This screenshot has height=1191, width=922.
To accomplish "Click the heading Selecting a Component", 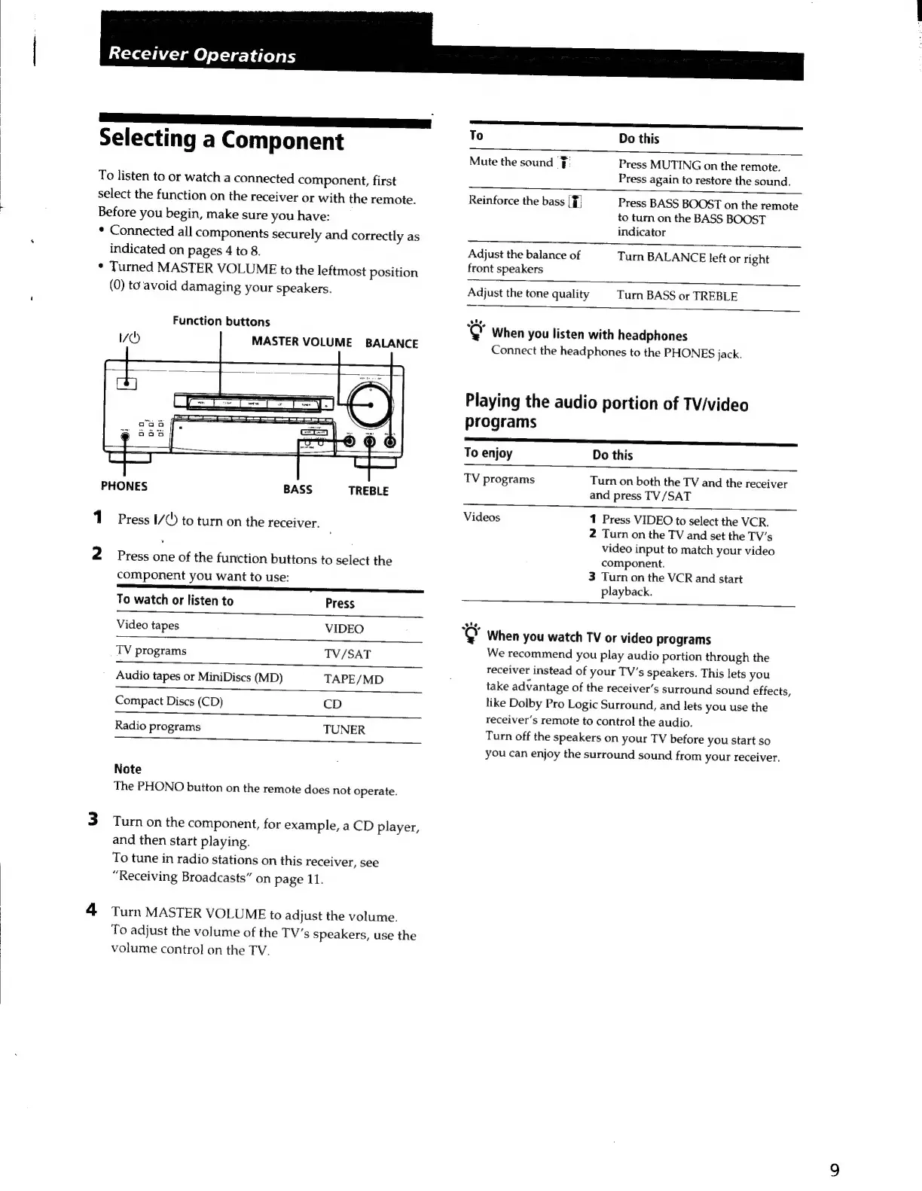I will tap(221, 140).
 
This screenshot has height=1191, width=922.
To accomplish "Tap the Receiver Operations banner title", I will tap(202, 55).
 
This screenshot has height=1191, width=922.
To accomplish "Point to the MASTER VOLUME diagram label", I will tap(301, 342).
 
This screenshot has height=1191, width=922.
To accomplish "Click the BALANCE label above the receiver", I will tap(391, 343).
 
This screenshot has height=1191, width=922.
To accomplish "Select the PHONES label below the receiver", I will tap(124, 486).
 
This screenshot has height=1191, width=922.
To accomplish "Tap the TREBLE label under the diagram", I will tap(368, 491).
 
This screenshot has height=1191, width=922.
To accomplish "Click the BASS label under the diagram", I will tap(298, 489).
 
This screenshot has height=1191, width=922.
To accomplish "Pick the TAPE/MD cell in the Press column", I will tap(353, 679).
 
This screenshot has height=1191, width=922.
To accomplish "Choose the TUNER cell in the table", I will tap(343, 730).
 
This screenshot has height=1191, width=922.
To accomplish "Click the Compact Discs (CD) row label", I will tap(169, 701).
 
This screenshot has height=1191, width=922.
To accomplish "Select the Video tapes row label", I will tap(148, 625).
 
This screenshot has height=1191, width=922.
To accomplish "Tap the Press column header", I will tap(340, 603).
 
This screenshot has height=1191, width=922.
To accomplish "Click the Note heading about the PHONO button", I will tap(127, 769).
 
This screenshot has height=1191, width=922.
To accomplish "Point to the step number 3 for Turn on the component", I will tap(93, 819).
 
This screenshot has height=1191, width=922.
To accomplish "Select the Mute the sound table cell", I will tap(511, 162).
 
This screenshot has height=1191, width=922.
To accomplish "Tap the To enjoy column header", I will tap(488, 453).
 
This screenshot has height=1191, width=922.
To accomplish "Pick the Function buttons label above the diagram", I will tap(221, 321).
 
